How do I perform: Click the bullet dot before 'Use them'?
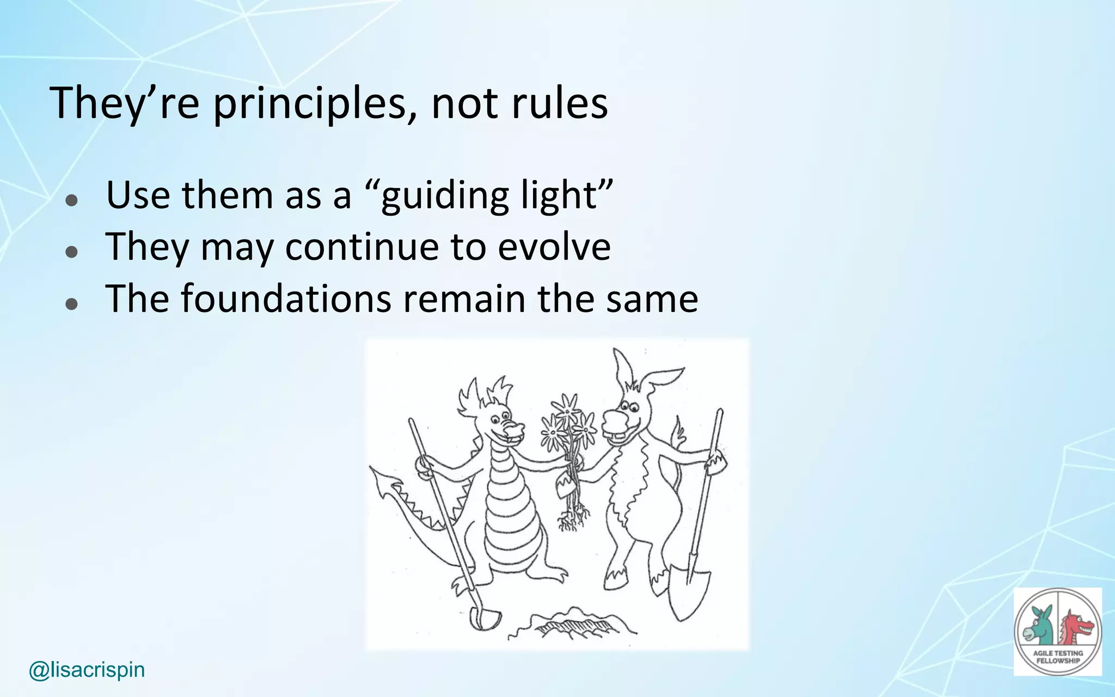(71, 200)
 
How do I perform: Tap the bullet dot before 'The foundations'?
(71, 303)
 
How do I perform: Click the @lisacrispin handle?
(87, 670)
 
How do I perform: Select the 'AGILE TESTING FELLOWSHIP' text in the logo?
(1058, 657)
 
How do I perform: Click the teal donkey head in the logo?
(1038, 626)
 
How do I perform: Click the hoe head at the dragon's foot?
(485, 618)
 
